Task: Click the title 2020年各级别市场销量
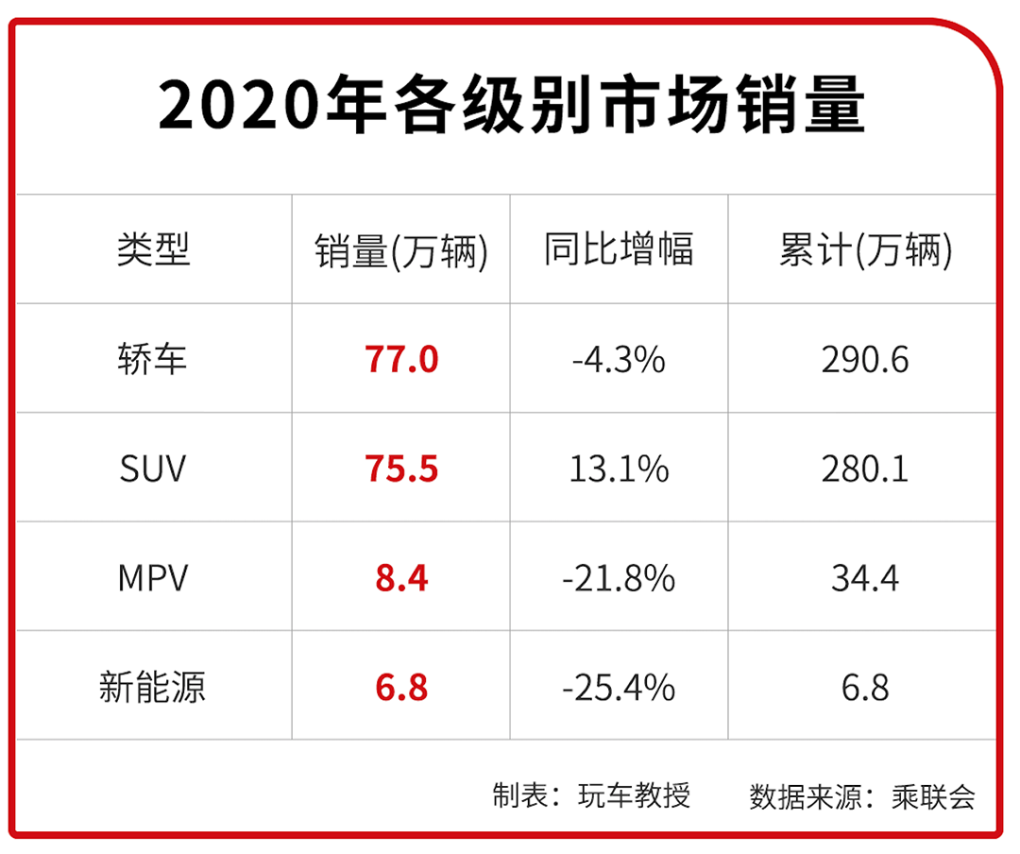coord(511,105)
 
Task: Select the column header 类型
coord(153,250)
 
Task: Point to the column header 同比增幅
coord(619,250)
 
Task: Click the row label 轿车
coord(153,360)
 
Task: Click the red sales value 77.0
coord(401,360)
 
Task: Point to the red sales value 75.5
coord(401,470)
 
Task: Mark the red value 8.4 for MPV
coord(401,578)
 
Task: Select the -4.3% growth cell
coord(619,360)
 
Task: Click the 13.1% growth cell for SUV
coord(619,470)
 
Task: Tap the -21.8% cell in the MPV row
coord(619,578)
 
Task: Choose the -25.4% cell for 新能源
coord(619,687)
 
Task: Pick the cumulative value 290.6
coord(865,360)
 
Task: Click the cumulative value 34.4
coord(865,578)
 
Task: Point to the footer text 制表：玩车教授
coord(591,795)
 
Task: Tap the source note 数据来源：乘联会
coord(862,795)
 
